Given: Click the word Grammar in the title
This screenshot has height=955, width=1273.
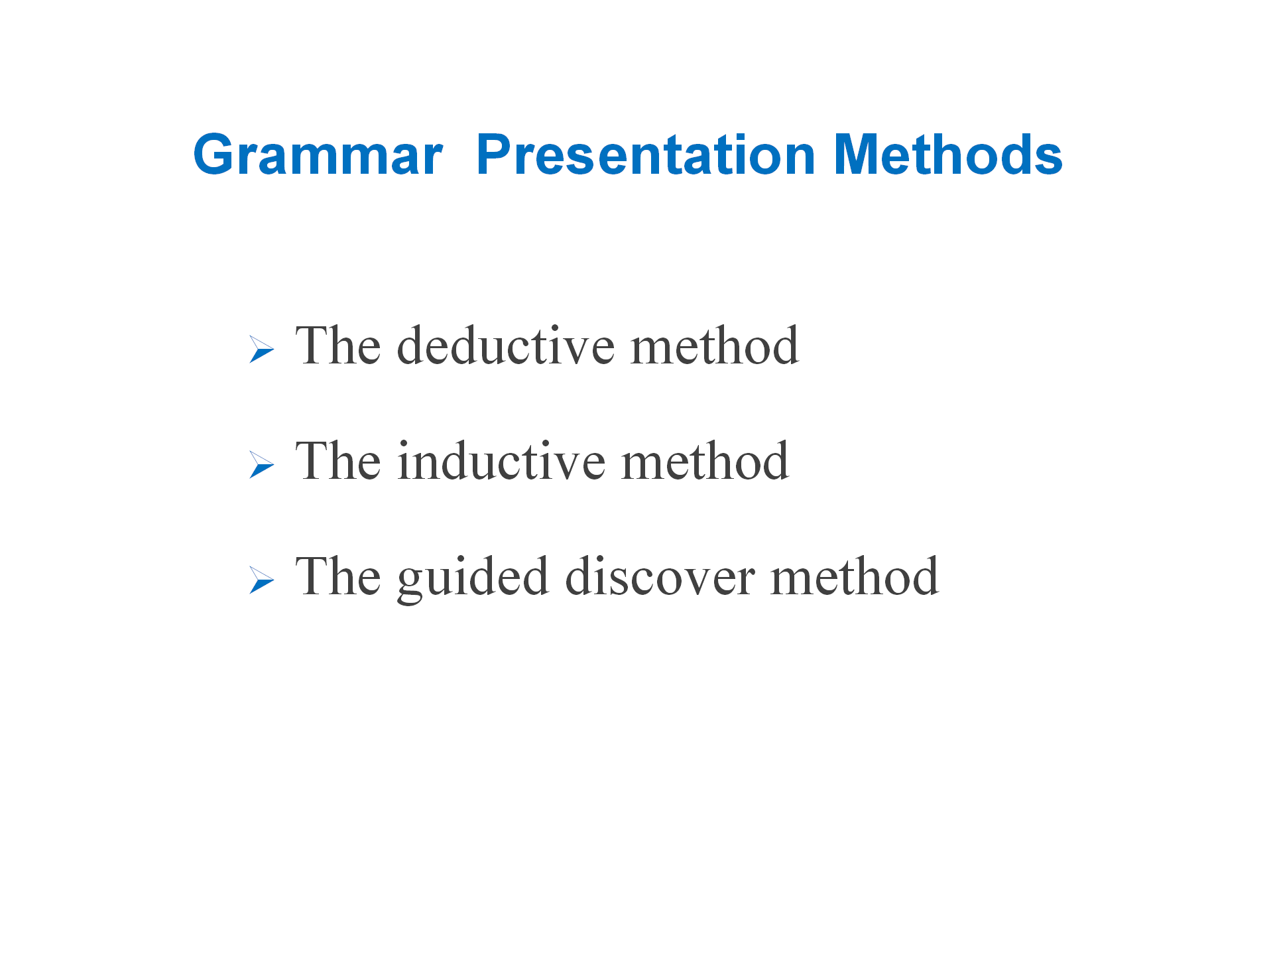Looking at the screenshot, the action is click(318, 155).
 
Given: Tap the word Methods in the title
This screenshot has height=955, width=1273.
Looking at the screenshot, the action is click(948, 155).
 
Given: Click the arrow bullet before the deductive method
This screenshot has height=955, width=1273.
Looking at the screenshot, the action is click(262, 350).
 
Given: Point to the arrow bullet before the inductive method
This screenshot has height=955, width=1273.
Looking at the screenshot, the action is click(262, 465).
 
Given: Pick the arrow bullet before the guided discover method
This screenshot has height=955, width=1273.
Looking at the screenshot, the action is click(262, 580).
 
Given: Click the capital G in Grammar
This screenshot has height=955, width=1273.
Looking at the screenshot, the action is click(215, 155).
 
